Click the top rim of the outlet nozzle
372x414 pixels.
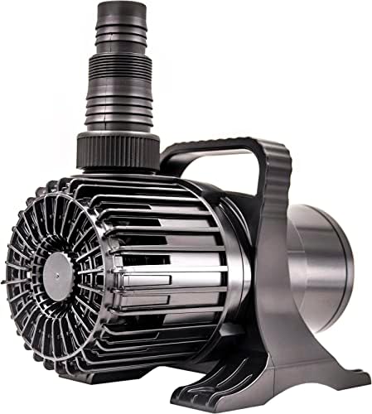point(118,6)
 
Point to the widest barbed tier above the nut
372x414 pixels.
point(118,116)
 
